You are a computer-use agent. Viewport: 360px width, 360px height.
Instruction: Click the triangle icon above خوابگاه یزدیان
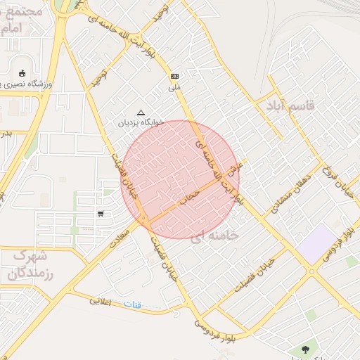(141, 112)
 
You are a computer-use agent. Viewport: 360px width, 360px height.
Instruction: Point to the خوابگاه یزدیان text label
(141, 122)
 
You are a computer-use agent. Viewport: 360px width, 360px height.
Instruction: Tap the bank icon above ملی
(174, 76)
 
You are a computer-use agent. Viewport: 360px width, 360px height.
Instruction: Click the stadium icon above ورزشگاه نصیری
(22, 73)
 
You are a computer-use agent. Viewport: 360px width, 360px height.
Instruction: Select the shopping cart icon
(101, 214)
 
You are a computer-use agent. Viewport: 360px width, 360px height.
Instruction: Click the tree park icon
(304, 348)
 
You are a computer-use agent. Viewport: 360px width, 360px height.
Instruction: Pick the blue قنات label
(132, 304)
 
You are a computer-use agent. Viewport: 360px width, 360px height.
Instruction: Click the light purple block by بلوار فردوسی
(317, 244)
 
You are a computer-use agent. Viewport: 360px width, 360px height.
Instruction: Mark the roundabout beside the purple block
(311, 271)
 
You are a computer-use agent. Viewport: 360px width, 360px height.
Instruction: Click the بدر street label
(6, 132)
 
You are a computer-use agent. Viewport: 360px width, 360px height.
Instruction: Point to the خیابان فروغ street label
(336, 181)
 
